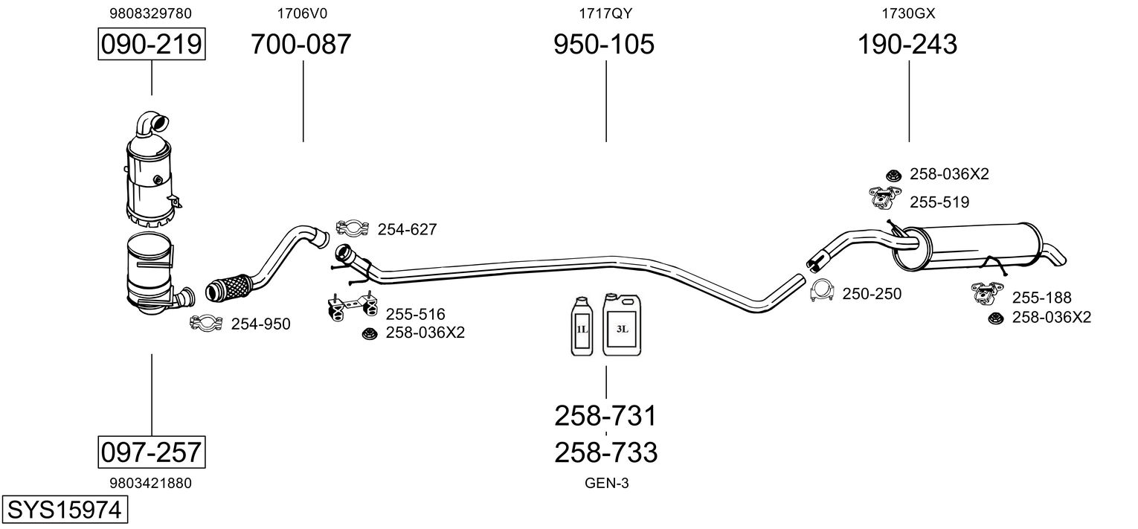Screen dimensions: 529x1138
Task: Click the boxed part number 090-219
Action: coord(152,45)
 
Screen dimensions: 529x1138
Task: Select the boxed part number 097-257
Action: coord(152,452)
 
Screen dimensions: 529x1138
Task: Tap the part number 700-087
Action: coord(300,45)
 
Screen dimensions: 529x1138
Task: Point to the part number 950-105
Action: coord(604,45)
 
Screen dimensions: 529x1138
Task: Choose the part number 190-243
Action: coord(907,45)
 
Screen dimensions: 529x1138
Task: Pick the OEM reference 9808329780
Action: coord(150,13)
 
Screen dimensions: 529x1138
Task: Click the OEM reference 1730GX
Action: coord(907,13)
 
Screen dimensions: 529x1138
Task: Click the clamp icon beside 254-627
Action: coord(353,228)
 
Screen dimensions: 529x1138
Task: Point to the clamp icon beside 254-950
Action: coord(208,322)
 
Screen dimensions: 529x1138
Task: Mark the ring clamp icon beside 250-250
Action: coord(821,292)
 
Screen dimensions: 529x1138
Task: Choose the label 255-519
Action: coord(939,202)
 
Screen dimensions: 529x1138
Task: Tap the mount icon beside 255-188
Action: coord(986,293)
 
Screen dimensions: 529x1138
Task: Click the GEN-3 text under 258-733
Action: coord(606,483)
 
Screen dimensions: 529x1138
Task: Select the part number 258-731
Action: coord(605,416)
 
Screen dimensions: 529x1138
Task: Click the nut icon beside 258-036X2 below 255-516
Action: coord(368,334)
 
